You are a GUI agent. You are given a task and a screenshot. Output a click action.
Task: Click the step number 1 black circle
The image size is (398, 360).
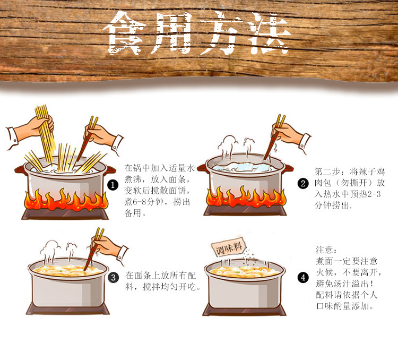point(113,185)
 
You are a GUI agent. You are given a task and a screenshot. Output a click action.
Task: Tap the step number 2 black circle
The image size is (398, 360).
point(303,183)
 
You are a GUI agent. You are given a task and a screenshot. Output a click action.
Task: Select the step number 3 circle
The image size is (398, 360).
point(114,277)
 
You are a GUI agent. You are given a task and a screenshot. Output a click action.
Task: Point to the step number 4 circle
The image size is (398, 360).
point(303,277)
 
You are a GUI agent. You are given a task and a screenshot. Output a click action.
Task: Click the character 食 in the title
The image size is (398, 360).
point(124,33)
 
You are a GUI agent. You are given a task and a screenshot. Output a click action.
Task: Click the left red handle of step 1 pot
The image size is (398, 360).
point(20,170)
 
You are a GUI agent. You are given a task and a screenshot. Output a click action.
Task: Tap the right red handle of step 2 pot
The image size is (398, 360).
point(289,168)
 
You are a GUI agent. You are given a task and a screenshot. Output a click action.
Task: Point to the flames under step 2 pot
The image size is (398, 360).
point(246,197)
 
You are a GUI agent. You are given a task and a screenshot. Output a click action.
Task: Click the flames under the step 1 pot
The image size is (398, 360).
point(66,200)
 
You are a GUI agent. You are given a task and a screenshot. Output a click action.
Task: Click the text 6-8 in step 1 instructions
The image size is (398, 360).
point(139,202)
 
